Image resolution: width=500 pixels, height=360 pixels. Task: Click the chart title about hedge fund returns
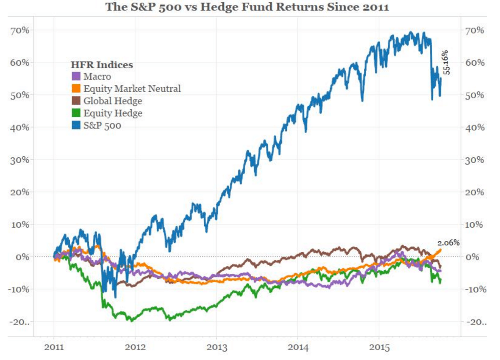(x=247, y=7)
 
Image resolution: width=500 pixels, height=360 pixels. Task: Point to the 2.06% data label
(x=448, y=242)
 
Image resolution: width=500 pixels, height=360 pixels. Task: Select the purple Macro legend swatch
(x=76, y=76)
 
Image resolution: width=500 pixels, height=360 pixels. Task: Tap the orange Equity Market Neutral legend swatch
(x=76, y=89)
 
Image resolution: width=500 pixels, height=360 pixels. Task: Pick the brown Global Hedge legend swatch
(x=76, y=101)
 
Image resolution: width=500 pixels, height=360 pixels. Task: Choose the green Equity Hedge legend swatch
(x=76, y=114)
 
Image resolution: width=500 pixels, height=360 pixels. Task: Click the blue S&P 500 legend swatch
(x=76, y=126)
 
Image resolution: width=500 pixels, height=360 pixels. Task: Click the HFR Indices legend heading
(x=102, y=64)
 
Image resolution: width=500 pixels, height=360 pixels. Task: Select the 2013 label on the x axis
(x=216, y=347)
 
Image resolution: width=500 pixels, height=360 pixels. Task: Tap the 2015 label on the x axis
(x=379, y=347)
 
